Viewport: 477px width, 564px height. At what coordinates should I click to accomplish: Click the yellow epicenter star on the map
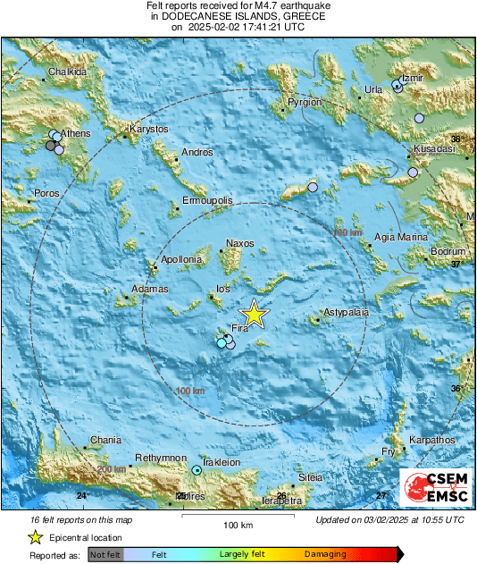tap(255, 315)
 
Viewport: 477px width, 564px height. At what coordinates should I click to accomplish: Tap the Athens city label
tap(75, 133)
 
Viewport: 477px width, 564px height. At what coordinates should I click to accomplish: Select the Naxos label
tap(240, 243)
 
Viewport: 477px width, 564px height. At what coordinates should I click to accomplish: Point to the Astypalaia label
tap(347, 314)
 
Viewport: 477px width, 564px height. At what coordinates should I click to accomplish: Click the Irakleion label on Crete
tap(221, 462)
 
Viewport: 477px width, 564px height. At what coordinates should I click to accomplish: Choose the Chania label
tap(105, 441)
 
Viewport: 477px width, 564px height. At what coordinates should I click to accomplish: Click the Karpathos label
tap(431, 441)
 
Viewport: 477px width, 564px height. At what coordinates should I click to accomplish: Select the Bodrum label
tap(448, 252)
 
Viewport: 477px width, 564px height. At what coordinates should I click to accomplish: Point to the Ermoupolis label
tap(207, 201)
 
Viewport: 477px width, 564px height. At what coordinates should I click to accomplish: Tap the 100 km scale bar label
tap(238, 525)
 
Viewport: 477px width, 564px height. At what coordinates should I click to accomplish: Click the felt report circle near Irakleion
tap(197, 469)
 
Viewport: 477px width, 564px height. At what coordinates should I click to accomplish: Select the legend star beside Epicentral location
tap(35, 537)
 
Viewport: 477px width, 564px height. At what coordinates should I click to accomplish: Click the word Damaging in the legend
tap(325, 555)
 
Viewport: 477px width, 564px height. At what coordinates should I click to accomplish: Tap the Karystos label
tap(149, 130)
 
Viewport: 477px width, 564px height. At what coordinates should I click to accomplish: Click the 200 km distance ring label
tap(112, 469)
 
